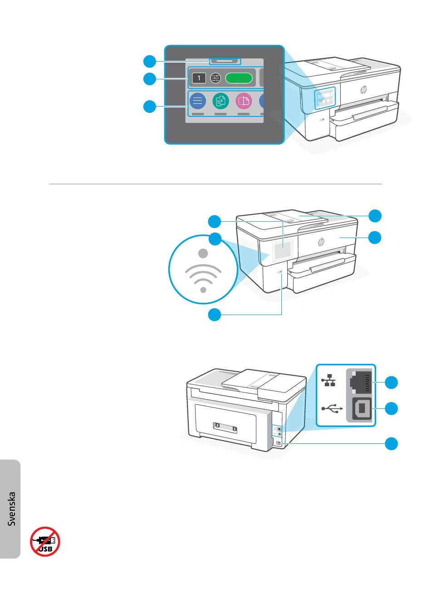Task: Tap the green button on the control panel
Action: tap(239, 78)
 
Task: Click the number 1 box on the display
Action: tap(199, 78)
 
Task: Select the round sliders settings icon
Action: tap(215, 78)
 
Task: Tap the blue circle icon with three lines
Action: tap(197, 101)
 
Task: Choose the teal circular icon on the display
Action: tap(221, 101)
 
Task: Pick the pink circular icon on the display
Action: tap(244, 101)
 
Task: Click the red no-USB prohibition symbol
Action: tap(45, 541)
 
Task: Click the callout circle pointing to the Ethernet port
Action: tap(392, 382)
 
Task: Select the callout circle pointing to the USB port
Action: tap(392, 408)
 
